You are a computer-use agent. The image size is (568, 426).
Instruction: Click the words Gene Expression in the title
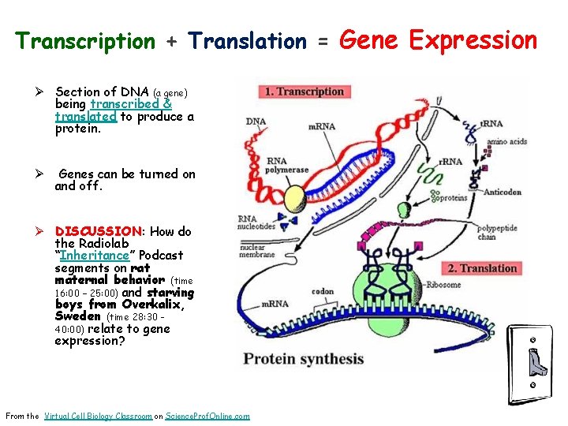(x=437, y=39)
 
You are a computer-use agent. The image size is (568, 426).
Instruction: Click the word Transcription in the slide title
(x=86, y=41)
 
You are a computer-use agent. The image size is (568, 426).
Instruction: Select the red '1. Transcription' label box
(x=305, y=92)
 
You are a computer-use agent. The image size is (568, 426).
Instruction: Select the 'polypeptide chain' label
(x=497, y=232)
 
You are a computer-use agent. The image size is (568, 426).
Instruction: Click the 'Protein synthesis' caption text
(x=304, y=359)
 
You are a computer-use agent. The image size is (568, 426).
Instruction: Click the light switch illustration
(x=536, y=363)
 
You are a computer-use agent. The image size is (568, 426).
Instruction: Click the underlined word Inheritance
(x=93, y=256)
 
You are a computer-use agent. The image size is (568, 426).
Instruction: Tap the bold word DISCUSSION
(x=98, y=232)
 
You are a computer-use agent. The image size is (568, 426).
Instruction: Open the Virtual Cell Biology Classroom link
(x=98, y=416)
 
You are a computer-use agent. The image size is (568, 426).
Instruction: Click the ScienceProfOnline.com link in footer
(x=207, y=416)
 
